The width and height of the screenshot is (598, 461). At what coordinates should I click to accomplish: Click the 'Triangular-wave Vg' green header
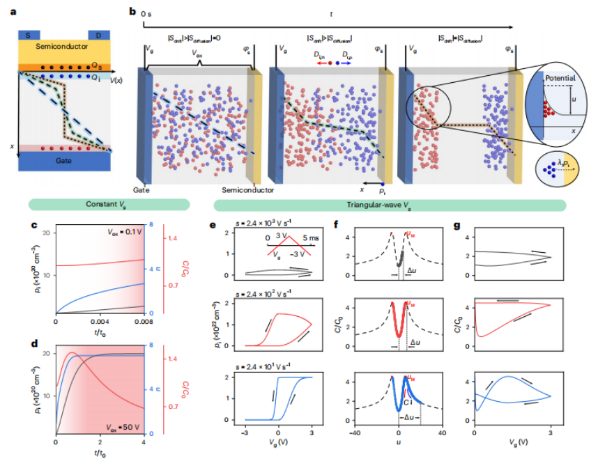389,205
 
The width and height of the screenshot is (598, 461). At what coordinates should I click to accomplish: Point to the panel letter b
132,12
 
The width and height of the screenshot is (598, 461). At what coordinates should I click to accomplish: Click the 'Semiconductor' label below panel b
247,190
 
